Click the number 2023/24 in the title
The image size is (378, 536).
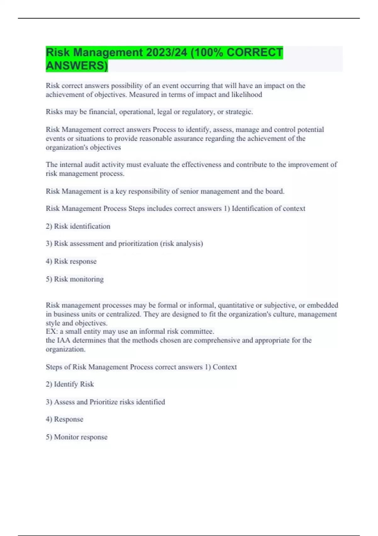click(166, 52)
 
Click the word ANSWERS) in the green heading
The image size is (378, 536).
click(77, 66)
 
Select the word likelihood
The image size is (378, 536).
click(247, 95)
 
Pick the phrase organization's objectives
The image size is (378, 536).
click(83, 148)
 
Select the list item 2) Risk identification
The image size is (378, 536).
click(78, 226)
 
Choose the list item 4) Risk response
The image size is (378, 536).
click(71, 261)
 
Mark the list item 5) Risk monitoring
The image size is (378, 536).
click(75, 279)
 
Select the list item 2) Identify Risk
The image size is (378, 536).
click(70, 384)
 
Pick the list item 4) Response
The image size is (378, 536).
click(65, 419)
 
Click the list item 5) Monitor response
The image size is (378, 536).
click(77, 437)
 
